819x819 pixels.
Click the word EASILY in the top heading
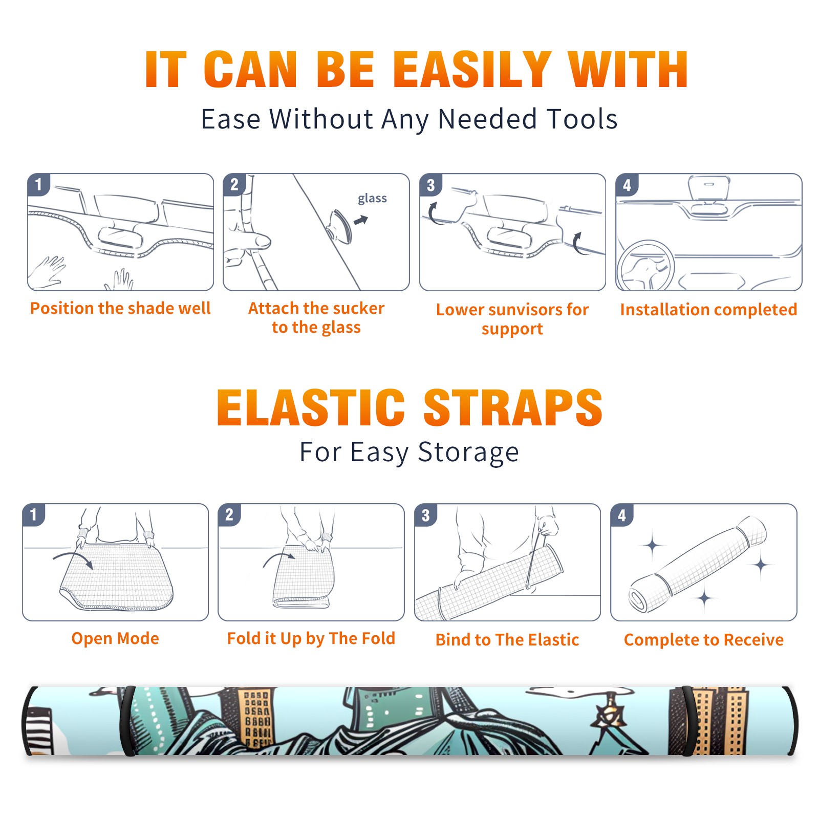click(x=472, y=70)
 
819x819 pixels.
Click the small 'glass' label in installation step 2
click(x=372, y=199)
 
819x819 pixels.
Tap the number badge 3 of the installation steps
click(x=430, y=185)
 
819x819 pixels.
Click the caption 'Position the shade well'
click(x=120, y=308)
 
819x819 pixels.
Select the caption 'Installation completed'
click(x=708, y=310)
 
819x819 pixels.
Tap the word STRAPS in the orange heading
click(x=513, y=407)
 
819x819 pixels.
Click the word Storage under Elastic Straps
click(x=468, y=452)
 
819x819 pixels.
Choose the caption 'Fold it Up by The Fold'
click(x=311, y=638)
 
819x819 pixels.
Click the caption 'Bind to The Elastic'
click(x=507, y=640)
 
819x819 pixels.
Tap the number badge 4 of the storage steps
click(x=622, y=515)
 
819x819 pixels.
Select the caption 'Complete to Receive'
click(x=704, y=640)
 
